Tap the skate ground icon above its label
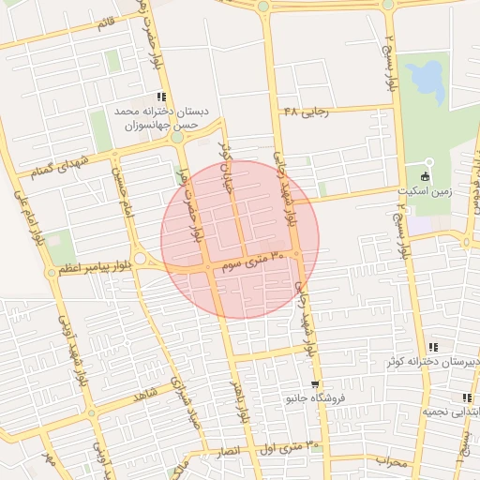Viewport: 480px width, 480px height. click(426, 175)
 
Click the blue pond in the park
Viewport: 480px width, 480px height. click(427, 79)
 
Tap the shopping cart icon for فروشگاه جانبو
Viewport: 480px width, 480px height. click(315, 383)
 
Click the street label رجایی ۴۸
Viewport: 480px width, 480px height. click(307, 112)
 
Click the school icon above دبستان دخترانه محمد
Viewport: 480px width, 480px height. click(162, 96)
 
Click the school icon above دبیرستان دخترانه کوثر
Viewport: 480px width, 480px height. click(431, 346)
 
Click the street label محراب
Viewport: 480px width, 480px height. click(388, 460)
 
